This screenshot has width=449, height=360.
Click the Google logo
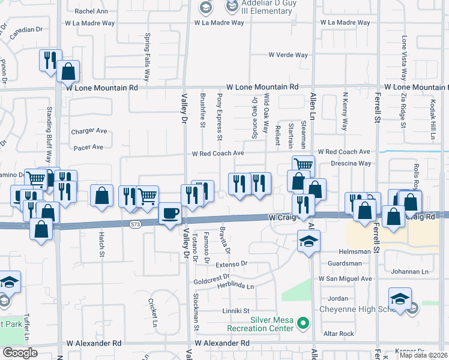[x=20, y=353]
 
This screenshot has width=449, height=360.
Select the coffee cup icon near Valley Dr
[x=170, y=214]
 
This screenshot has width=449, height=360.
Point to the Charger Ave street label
[x=88, y=131]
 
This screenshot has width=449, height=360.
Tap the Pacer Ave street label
[x=88, y=147]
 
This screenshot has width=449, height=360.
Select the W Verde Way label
[x=288, y=55]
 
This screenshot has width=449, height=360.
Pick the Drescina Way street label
[x=351, y=163]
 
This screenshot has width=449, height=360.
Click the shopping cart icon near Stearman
[x=304, y=165]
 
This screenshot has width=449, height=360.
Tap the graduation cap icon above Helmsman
[x=309, y=242]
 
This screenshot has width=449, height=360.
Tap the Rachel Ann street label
[x=91, y=11]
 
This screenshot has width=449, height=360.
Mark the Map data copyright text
[x=424, y=355]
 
